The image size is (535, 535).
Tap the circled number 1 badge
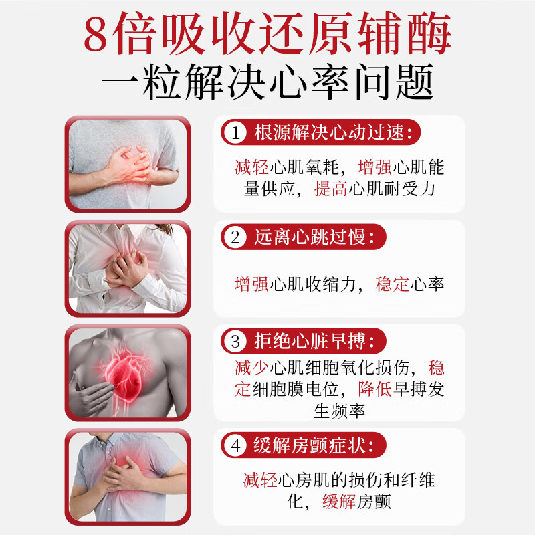235,132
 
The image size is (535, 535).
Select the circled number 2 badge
235,237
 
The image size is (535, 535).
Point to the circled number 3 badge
235,342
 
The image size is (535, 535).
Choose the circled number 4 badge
235,444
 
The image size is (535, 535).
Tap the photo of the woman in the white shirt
127,267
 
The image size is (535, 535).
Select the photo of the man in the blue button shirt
127,476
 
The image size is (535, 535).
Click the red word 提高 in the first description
330,189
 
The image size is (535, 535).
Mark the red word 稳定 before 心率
393,284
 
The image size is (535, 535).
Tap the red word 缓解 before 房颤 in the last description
339,501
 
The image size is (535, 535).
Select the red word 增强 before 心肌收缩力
251,284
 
